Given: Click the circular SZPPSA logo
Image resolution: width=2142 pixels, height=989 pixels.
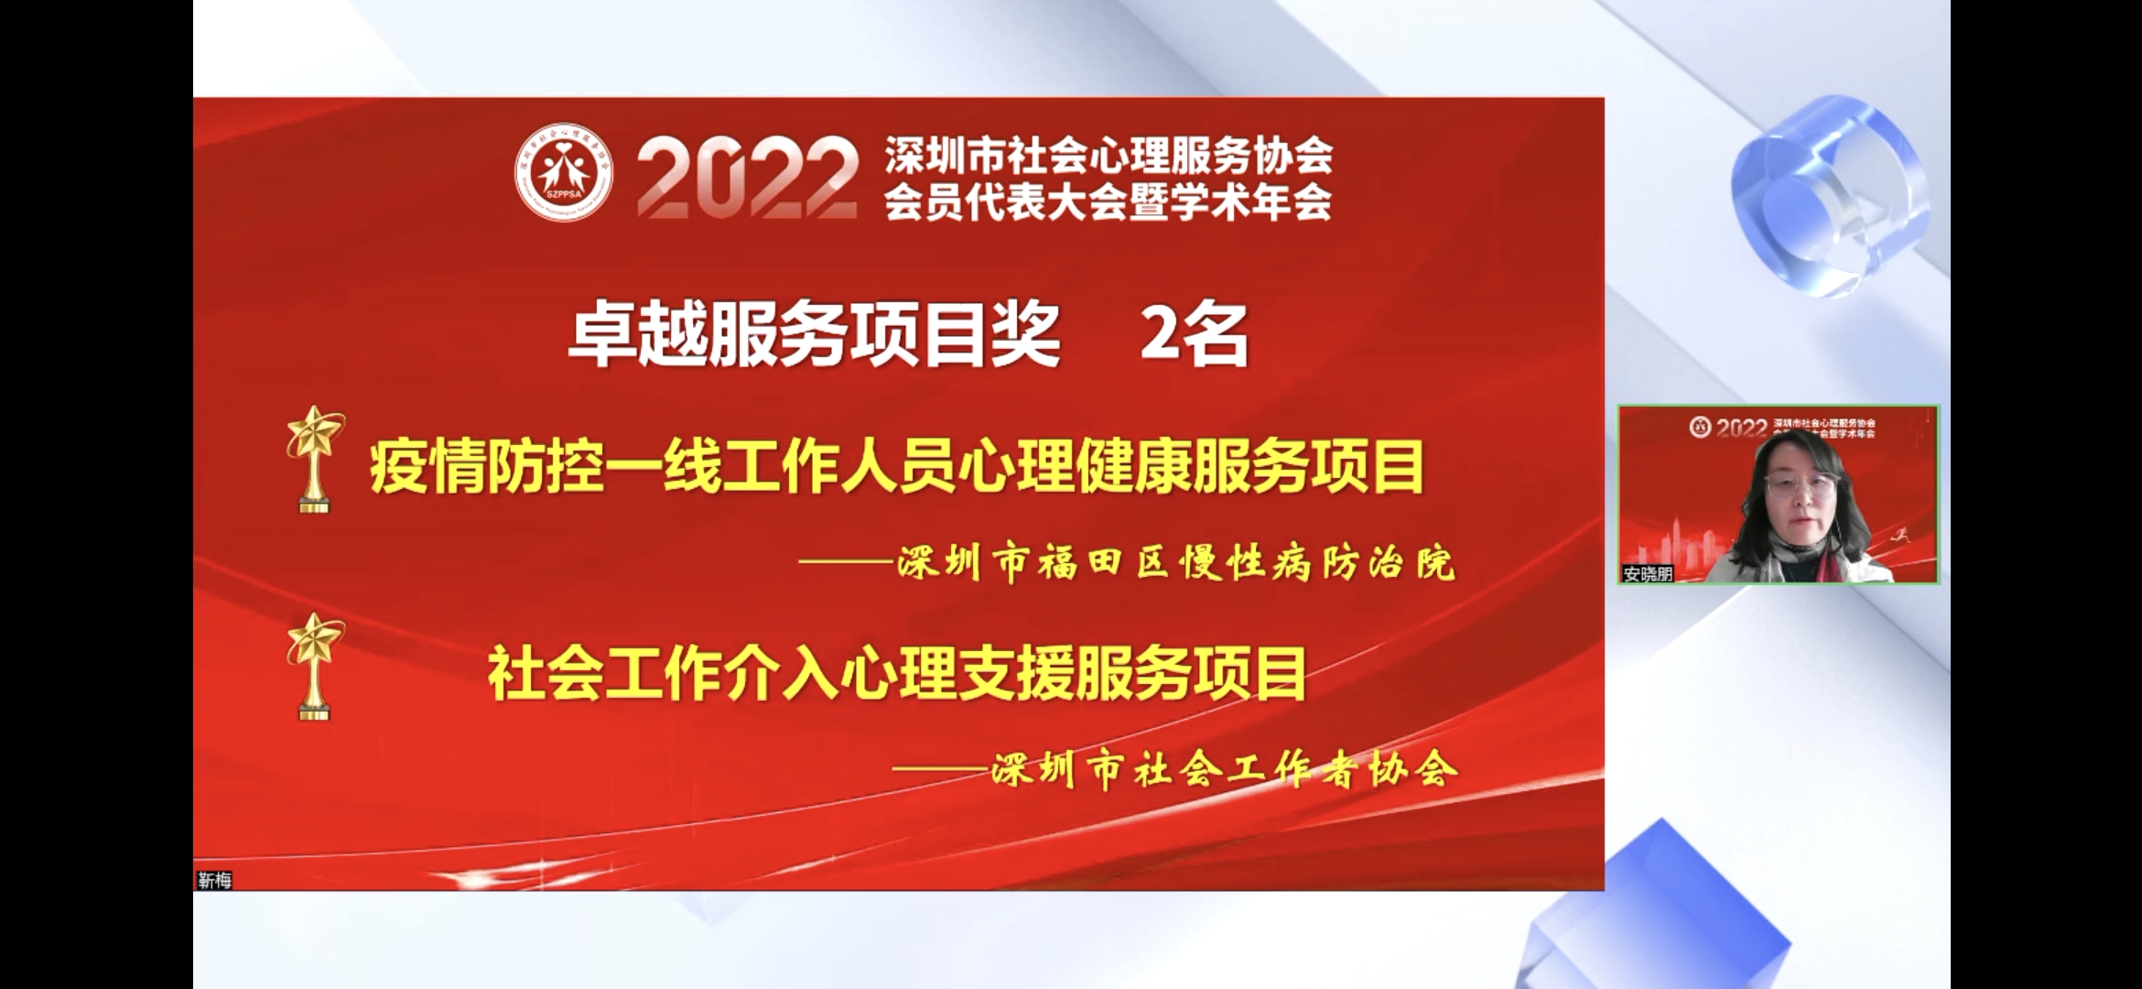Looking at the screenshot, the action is point(564,173).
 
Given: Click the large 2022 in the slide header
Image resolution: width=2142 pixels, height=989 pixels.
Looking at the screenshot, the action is point(747,179).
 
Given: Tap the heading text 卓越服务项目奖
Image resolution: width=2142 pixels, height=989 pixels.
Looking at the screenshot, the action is point(814,335).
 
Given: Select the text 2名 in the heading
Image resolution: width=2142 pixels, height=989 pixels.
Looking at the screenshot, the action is point(1194,335).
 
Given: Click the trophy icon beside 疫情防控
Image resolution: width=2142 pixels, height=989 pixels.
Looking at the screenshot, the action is point(315,459).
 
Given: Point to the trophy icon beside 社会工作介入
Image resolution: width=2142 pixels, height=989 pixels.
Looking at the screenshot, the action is point(315,666).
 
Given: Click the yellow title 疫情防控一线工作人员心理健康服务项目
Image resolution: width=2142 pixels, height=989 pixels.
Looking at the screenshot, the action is point(897,466).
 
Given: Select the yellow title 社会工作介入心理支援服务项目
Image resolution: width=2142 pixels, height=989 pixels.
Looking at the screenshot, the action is point(897,674).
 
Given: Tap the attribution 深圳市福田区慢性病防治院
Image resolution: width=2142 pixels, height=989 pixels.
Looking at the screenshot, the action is point(1176,562).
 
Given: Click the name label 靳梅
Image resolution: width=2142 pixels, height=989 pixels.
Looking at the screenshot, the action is point(215,880).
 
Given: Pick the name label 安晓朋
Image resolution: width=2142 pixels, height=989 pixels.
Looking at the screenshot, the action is point(1648,574).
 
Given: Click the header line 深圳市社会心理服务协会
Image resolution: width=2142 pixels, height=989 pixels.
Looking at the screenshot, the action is point(1108,157).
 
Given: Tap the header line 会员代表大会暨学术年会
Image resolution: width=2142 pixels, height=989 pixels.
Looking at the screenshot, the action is point(1108,201).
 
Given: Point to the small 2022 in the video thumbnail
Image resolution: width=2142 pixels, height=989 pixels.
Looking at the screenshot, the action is point(1741,428).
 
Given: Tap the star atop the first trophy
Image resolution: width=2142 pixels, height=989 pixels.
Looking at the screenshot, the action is point(315,433).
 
